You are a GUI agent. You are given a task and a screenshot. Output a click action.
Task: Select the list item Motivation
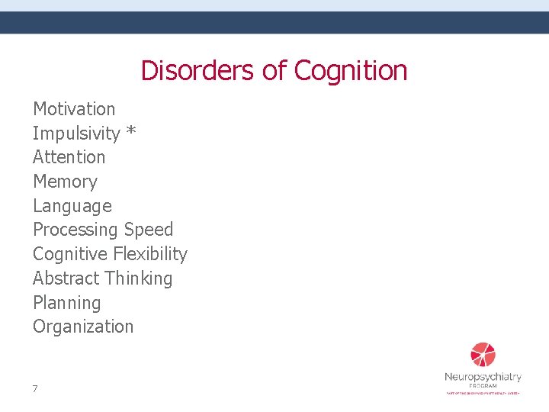[x=74, y=109]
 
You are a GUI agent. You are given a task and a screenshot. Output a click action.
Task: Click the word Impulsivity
[x=76, y=134]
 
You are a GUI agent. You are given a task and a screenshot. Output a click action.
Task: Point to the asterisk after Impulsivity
[x=131, y=133]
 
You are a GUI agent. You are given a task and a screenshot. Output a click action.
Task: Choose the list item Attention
[x=69, y=157]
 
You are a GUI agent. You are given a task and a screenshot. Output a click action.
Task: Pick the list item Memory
[x=65, y=182]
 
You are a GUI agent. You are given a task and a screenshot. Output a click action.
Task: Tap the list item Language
[x=72, y=206]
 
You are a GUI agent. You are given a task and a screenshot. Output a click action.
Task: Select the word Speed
[x=149, y=230]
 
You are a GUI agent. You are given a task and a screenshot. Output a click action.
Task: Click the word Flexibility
[x=149, y=254]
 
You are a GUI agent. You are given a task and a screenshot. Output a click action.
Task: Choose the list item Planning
[x=66, y=303]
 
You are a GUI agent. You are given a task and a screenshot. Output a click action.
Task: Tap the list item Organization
[x=83, y=327]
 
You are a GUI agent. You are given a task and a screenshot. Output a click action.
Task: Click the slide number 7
[x=35, y=389]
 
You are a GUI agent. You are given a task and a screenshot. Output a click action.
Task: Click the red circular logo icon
[x=483, y=355]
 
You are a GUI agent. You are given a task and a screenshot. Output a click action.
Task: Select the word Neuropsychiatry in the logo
[x=483, y=377]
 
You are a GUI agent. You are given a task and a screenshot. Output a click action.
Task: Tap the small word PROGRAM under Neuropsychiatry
[x=483, y=386]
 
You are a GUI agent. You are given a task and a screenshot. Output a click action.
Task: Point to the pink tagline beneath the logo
[x=483, y=393]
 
